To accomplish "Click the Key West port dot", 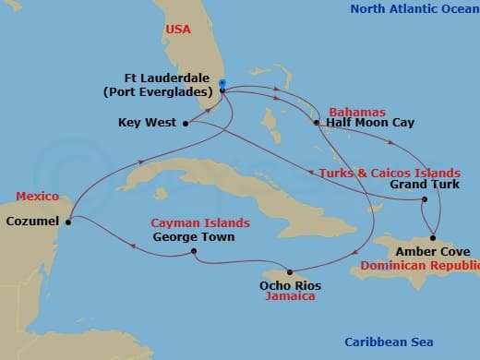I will tap(186, 122).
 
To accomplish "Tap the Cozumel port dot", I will tap(69, 220).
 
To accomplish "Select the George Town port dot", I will tap(193, 251).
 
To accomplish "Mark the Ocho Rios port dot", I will tap(290, 271).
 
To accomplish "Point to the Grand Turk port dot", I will tap(424, 199).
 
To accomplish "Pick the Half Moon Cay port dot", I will tap(316, 122).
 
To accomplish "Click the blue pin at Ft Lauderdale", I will tap(222, 85).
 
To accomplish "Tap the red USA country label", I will tap(178, 30).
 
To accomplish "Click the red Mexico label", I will tap(37, 197).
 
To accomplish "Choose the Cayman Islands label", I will tap(201, 223).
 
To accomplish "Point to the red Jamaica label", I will tap(291, 296).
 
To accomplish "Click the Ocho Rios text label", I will tap(291, 285).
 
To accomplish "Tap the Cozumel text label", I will tap(31, 222).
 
